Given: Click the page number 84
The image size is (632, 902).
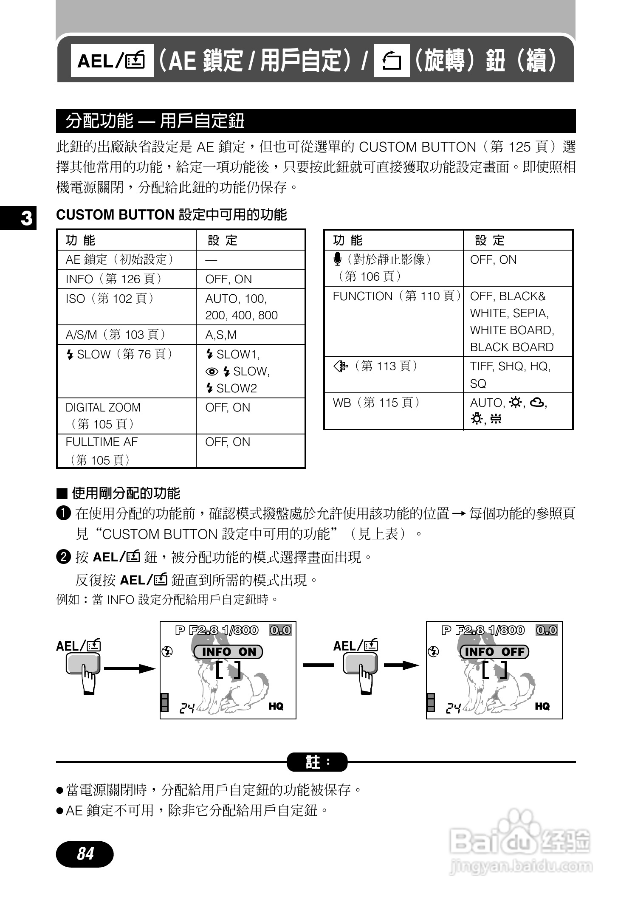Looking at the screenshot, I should tap(85, 854).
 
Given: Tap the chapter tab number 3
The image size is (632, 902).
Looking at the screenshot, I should tap(25, 218).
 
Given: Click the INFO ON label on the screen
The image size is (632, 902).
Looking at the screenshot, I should tap(229, 652).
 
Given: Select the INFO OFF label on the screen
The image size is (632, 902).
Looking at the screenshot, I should tap(494, 652).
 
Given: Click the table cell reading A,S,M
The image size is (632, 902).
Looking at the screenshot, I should tap(250, 335).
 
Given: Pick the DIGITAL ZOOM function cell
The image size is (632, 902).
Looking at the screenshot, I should tap(127, 415).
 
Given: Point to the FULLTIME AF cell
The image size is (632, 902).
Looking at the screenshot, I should tap(127, 451).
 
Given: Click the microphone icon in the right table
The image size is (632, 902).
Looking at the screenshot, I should tap(338, 259).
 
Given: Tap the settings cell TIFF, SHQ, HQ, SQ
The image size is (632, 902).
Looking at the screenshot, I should tap(517, 375).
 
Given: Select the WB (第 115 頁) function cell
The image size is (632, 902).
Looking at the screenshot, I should tap(393, 411).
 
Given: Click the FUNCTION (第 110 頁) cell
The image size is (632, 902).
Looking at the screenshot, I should tap(393, 321).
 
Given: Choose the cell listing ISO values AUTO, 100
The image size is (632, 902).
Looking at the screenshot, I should tap(250, 307).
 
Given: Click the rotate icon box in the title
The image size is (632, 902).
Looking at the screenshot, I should tap(392, 60).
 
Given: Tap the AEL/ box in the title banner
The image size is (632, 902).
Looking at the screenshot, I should tap(112, 60).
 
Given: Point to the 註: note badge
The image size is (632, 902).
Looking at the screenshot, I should tap(317, 762).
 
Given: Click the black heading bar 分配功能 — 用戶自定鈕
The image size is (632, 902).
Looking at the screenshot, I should tap(316, 121).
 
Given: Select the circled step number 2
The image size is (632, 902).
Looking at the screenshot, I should tap(63, 557).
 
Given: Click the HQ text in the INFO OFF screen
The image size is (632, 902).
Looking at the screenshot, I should tap(542, 706).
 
